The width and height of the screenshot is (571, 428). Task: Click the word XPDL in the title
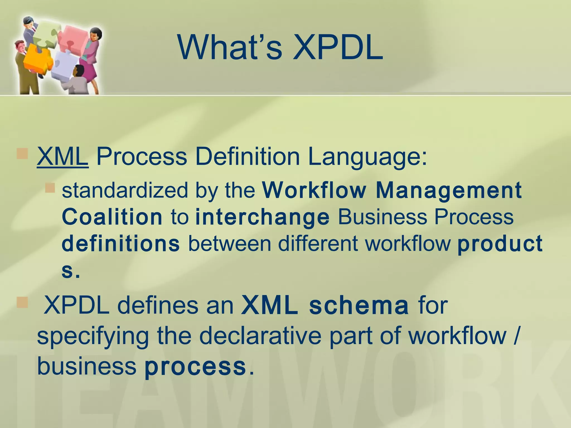click(338, 48)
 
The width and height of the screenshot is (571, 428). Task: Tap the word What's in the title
click(229, 48)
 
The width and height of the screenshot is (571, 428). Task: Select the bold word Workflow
click(314, 190)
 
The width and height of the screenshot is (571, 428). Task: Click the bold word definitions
click(121, 244)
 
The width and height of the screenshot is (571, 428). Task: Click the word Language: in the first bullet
click(367, 157)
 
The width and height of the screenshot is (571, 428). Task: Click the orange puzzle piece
click(36, 57)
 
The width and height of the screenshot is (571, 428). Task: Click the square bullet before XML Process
click(22, 154)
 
